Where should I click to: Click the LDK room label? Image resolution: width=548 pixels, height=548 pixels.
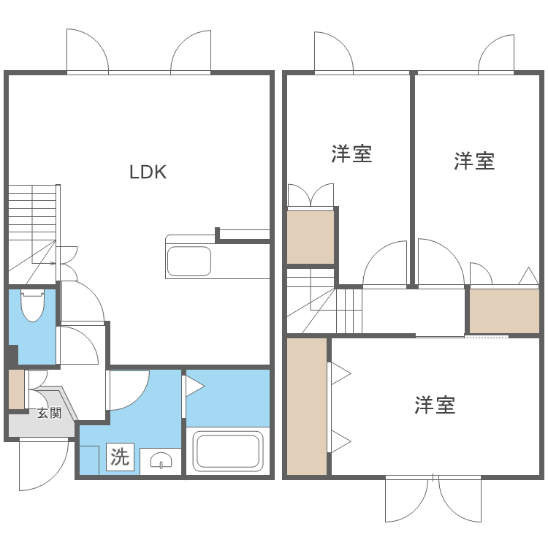pyautogui.click(x=148, y=172)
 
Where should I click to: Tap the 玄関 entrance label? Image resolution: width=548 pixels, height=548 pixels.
pyautogui.click(x=50, y=413)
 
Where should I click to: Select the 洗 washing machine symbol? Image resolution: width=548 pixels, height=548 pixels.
pyautogui.click(x=119, y=457)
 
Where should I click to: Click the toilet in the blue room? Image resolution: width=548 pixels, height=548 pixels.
pyautogui.click(x=33, y=306)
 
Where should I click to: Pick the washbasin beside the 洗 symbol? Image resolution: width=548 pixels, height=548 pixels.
pyautogui.click(x=161, y=460)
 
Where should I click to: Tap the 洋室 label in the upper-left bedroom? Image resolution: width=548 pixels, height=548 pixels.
pyautogui.click(x=351, y=154)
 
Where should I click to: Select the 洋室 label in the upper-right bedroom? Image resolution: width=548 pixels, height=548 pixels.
pyautogui.click(x=474, y=161)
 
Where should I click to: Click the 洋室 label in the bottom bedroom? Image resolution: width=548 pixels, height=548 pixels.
pyautogui.click(x=435, y=405)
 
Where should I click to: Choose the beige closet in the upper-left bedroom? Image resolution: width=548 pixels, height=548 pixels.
pyautogui.click(x=311, y=237)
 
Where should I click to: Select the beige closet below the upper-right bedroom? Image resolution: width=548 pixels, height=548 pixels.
pyautogui.click(x=504, y=311)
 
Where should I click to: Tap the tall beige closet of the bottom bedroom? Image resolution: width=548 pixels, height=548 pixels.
pyautogui.click(x=307, y=406)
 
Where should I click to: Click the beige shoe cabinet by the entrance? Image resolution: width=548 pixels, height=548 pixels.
pyautogui.click(x=16, y=390)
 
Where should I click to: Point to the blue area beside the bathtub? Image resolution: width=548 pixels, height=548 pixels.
pyautogui.click(x=228, y=397)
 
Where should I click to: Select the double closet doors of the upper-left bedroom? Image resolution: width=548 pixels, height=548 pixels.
pyautogui.click(x=311, y=196)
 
